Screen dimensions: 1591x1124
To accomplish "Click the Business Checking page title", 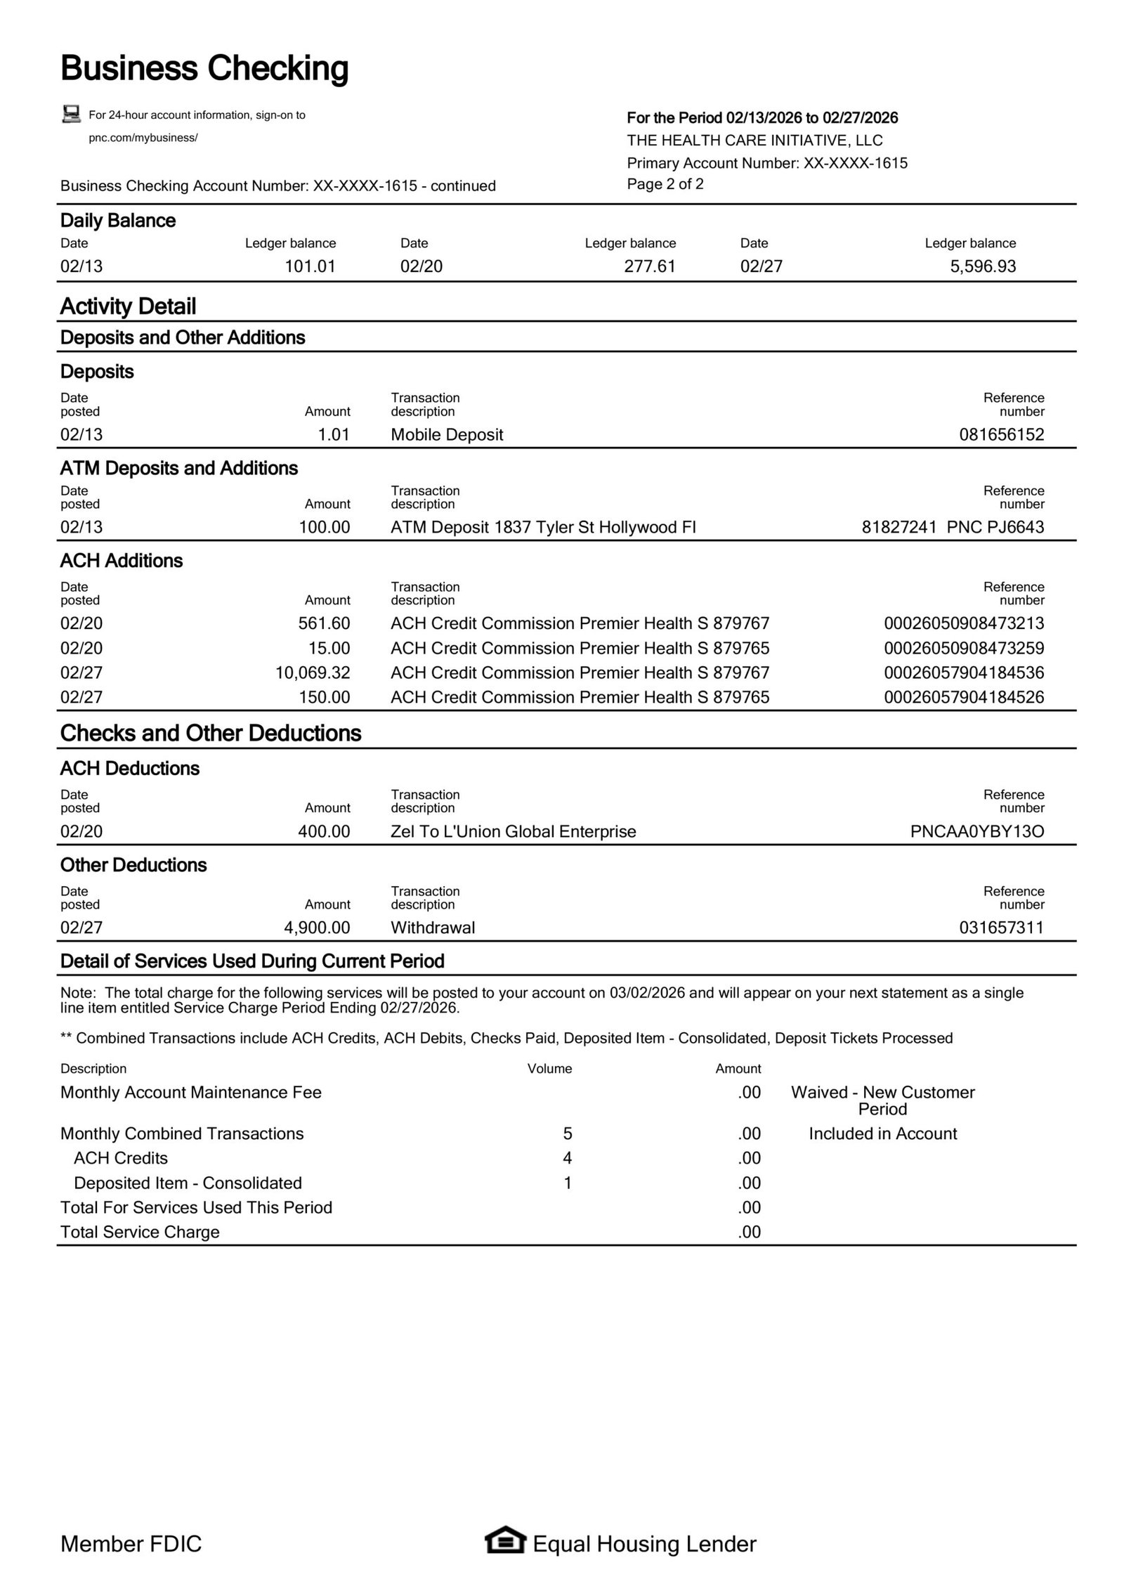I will [204, 69].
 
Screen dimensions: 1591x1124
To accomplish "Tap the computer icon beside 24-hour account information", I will [71, 114].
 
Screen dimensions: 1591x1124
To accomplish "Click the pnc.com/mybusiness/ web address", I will [143, 138].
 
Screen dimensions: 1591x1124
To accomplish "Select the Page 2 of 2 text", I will [665, 184].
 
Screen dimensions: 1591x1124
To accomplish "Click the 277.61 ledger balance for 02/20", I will [649, 266].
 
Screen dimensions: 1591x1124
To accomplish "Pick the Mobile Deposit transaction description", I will [447, 434].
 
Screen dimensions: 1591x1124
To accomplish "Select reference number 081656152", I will [1001, 434].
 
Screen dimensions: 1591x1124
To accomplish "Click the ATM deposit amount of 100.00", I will [324, 527].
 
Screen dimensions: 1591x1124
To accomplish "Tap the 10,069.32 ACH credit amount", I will [313, 673].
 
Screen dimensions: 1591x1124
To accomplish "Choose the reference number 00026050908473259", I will [963, 648].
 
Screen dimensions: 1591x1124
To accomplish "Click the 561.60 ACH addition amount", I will [324, 623].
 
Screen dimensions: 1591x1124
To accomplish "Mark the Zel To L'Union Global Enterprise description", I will [513, 831].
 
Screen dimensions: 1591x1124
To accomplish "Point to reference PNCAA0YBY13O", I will [976, 831].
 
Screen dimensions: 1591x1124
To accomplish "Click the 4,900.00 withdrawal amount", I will [317, 928].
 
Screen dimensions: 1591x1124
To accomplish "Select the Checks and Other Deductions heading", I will [211, 733].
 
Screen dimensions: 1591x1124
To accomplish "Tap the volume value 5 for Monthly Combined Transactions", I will [568, 1134].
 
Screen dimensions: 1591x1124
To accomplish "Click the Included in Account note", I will [882, 1134].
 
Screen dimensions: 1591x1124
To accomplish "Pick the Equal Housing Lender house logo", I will [504, 1543].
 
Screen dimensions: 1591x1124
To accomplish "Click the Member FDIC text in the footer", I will [131, 1544].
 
